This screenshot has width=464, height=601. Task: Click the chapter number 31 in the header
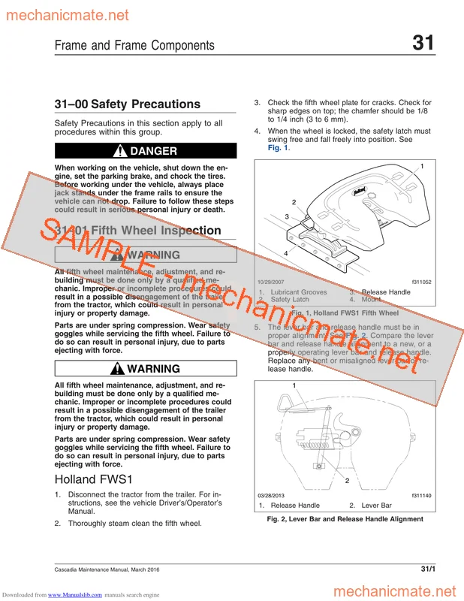423,43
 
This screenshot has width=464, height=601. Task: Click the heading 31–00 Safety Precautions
128,104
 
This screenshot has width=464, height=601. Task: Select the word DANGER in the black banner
154,151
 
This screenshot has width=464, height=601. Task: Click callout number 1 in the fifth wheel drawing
422,165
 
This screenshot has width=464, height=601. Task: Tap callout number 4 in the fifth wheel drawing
286,252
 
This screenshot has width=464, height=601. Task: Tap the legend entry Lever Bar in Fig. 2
376,506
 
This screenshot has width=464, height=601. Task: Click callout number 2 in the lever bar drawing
348,480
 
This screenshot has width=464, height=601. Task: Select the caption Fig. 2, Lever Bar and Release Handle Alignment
339,519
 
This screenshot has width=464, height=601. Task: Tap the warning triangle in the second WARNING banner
119,369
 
